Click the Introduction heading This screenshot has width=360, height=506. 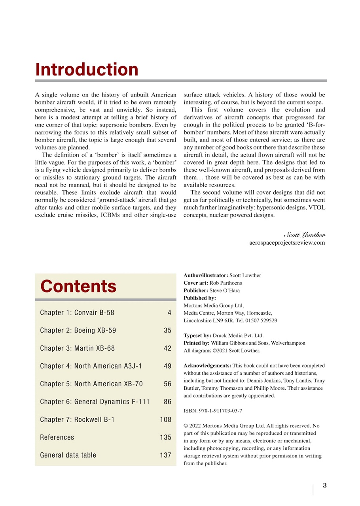87,70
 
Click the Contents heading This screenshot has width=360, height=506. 78,286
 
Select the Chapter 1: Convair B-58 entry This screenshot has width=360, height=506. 77,313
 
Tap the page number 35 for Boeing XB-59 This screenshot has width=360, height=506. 167,330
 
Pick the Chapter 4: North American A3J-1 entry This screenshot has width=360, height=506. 91,366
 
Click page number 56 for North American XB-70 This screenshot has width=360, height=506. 167,384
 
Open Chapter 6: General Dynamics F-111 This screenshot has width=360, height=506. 95,402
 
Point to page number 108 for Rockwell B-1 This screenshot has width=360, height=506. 166,419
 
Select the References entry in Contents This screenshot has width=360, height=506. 57,437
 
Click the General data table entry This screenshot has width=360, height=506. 68,455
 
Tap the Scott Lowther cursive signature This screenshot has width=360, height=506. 304,234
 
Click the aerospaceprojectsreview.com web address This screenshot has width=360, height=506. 287,243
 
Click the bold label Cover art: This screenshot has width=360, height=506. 196,283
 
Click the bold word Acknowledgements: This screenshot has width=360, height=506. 207,366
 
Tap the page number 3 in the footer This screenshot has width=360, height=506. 324,485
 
